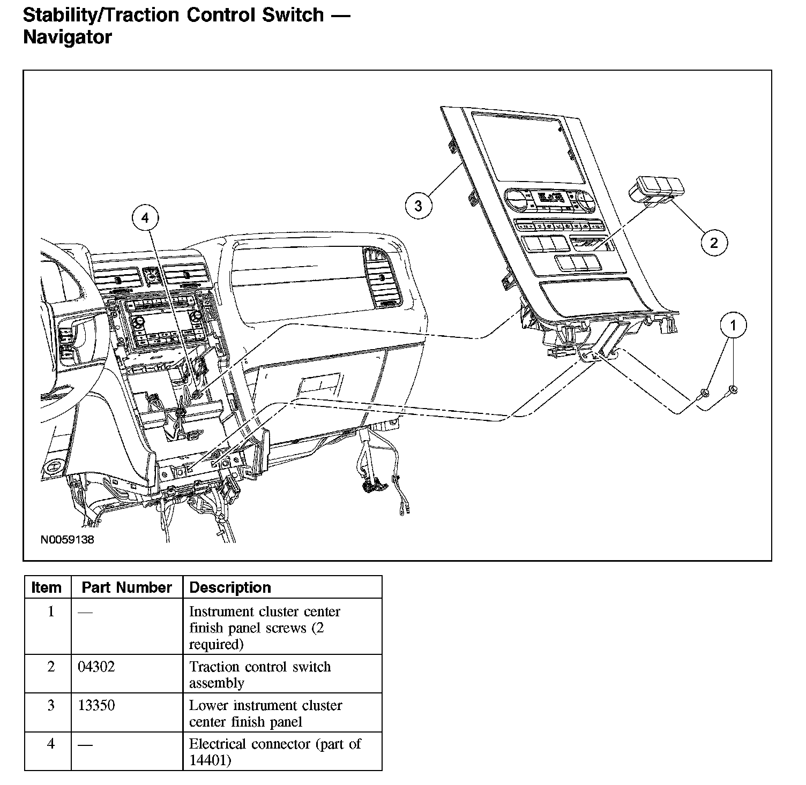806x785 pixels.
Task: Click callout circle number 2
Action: point(714,243)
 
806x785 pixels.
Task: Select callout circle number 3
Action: point(419,206)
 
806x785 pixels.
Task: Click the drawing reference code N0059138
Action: point(67,539)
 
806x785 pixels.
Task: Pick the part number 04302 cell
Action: point(96,667)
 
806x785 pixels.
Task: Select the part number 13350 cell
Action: point(96,706)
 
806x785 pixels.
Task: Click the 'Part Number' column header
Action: point(126,587)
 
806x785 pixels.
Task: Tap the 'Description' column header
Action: point(230,587)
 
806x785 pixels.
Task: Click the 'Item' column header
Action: point(47,587)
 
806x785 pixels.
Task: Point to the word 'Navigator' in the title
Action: point(68,37)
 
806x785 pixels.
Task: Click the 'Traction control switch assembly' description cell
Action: point(260,674)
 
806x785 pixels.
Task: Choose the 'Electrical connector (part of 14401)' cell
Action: point(274,751)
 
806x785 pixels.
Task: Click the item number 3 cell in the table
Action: point(51,706)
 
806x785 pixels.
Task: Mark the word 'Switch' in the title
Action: point(293,14)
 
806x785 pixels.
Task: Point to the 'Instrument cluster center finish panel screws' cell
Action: point(265,627)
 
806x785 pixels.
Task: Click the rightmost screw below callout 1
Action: point(732,389)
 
